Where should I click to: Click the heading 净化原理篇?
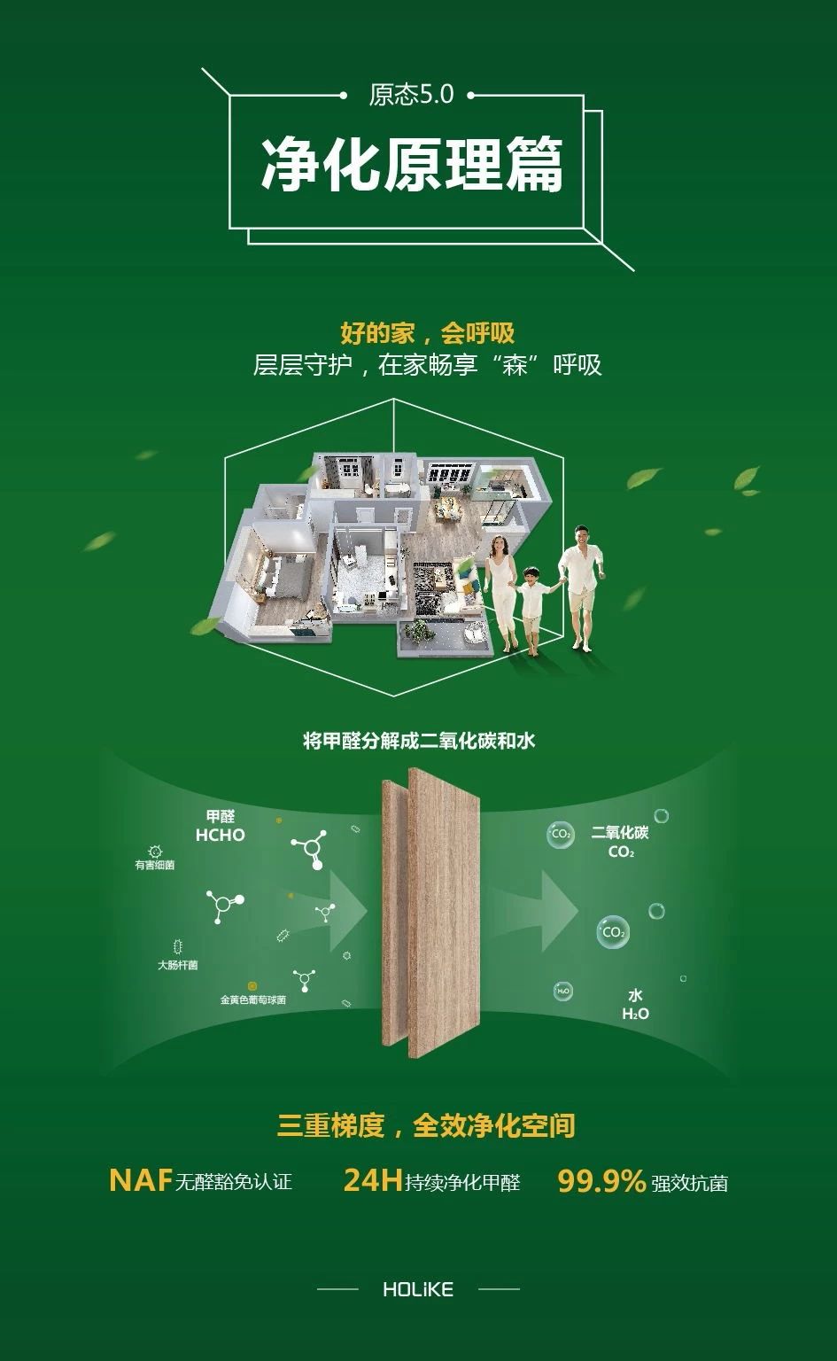coord(413,164)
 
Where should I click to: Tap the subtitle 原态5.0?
coord(411,95)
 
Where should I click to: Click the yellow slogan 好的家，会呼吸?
coord(427,333)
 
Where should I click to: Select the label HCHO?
coord(220,835)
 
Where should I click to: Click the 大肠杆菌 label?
coord(177,965)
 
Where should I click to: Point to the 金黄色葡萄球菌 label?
coord(252,999)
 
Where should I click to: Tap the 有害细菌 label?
coord(154,865)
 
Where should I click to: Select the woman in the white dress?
coord(501,593)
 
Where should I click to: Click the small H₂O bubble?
coord(563,991)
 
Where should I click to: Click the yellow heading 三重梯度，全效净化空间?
coord(426,1124)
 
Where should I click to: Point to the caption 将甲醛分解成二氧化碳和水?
coord(418,741)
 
